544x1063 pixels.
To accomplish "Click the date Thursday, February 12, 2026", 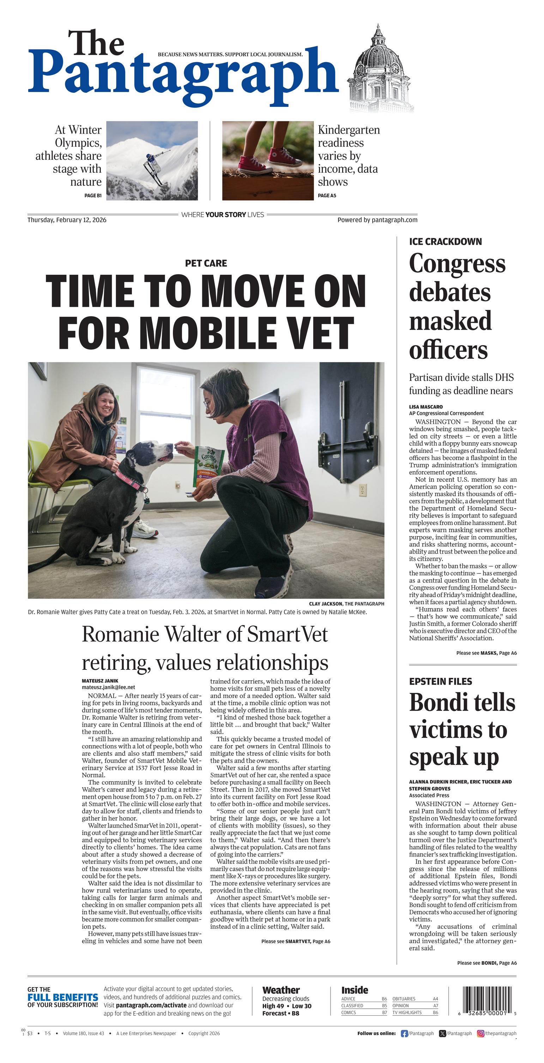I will point(67,220).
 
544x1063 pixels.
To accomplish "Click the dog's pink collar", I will point(131,480).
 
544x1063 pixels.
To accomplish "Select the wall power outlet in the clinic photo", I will point(362,491).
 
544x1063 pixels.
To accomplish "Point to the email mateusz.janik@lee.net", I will point(108,687).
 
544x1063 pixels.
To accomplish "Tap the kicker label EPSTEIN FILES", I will point(440,682).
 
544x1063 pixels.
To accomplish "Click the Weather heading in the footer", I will point(281,990).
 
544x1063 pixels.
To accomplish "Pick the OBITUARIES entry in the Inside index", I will point(404,998).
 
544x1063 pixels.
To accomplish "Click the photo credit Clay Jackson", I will point(325,604).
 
